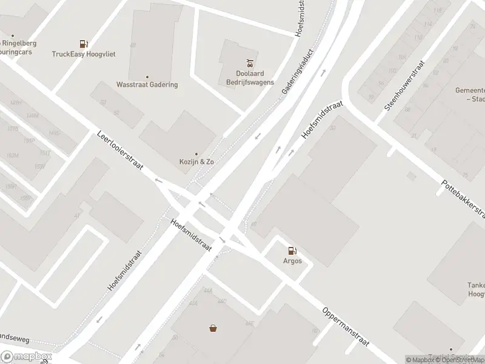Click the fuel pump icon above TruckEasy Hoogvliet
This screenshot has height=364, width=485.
pyautogui.click(x=83, y=44)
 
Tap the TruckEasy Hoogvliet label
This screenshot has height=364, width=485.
pyautogui.click(x=84, y=54)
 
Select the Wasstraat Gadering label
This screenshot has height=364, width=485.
pyautogui.click(x=147, y=85)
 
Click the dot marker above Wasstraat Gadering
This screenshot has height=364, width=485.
pyautogui.click(x=147, y=77)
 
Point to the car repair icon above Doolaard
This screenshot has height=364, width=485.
pyautogui.click(x=249, y=62)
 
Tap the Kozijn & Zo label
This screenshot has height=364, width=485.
pyautogui.click(x=196, y=162)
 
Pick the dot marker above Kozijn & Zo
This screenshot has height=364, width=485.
pyautogui.click(x=196, y=154)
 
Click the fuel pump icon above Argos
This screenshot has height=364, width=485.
pyautogui.click(x=292, y=250)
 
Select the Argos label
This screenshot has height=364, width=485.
pyautogui.click(x=292, y=260)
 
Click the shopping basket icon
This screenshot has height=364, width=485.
pyautogui.click(x=213, y=328)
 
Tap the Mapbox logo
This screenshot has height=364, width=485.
pyautogui.click(x=26, y=357)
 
